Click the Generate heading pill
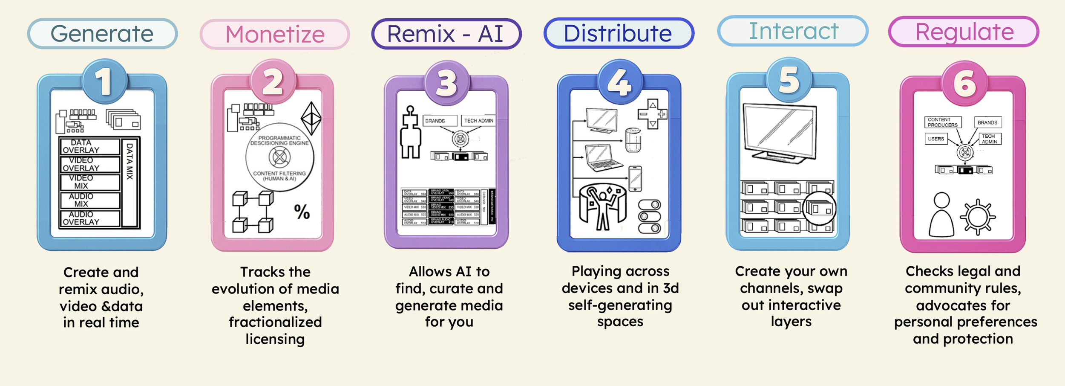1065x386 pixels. [x=102, y=34]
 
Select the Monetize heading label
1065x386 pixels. [x=275, y=35]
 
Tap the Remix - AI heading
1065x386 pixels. [x=446, y=34]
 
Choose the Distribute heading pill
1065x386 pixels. [x=618, y=33]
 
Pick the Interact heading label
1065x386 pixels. [x=793, y=31]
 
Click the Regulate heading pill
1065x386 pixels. [x=964, y=32]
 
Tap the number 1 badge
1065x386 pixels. [x=104, y=81]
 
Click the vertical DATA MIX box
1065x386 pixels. [x=130, y=182]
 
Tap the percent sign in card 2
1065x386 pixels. [x=302, y=212]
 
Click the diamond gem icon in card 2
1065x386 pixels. [x=311, y=118]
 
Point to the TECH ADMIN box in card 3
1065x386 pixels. [x=478, y=121]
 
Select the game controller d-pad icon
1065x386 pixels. [x=652, y=114]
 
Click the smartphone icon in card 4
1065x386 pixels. [x=635, y=178]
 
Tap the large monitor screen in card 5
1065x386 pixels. [x=780, y=132]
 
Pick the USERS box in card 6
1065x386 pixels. [x=936, y=139]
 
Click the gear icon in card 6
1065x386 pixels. [x=978, y=217]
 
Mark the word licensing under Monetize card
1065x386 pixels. [x=275, y=339]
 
